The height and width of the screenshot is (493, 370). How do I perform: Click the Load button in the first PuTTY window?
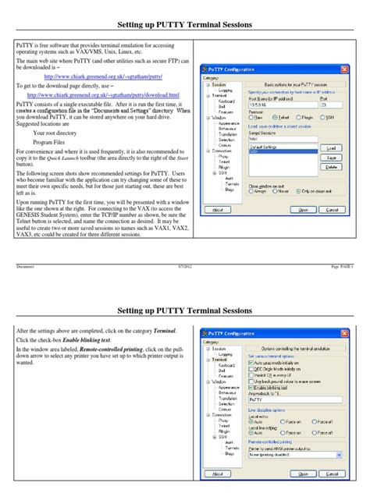pyautogui.click(x=330, y=147)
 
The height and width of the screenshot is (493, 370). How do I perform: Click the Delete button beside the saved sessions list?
pyautogui.click(x=330, y=167)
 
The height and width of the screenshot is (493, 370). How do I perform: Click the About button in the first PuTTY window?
pyautogui.click(x=213, y=209)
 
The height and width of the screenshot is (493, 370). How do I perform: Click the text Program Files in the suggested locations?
pyautogui.click(x=48, y=143)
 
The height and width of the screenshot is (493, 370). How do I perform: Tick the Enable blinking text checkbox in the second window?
pyautogui.click(x=251, y=385)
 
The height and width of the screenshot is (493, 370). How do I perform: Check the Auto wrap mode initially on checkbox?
pyautogui.click(x=251, y=363)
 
